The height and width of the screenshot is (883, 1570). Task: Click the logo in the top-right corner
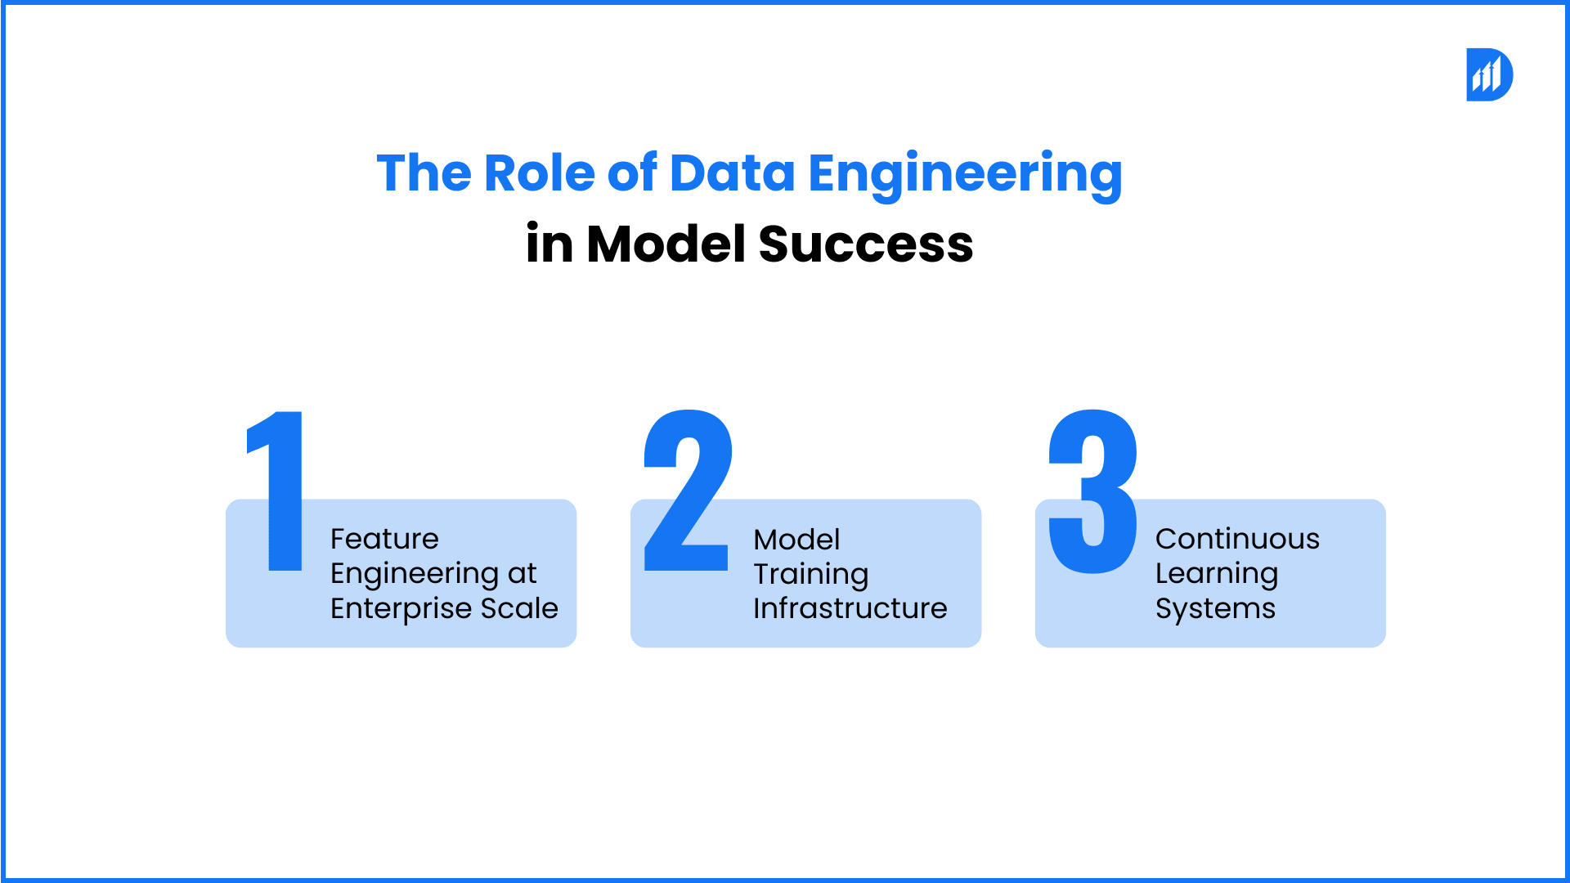pos(1489,74)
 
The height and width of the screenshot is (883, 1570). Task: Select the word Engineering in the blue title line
pos(965,175)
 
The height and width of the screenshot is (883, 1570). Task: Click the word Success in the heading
pos(866,244)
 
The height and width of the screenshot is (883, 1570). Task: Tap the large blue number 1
pos(276,491)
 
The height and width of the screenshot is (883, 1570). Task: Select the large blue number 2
pos(688,490)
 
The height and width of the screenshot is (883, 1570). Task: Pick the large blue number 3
pos(1093,491)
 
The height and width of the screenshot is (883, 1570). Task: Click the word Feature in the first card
pos(384,539)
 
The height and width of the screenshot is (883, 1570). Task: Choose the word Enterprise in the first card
pos(401,609)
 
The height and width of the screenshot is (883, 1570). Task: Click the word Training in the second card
pos(810,575)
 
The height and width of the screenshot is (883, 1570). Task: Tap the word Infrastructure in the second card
pos(850,608)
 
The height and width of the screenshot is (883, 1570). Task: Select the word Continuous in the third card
pos(1237,539)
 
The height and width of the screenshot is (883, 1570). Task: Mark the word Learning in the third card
pos(1216,575)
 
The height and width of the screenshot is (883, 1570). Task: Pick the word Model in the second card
pos(796,540)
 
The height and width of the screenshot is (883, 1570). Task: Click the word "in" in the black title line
pos(549,244)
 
